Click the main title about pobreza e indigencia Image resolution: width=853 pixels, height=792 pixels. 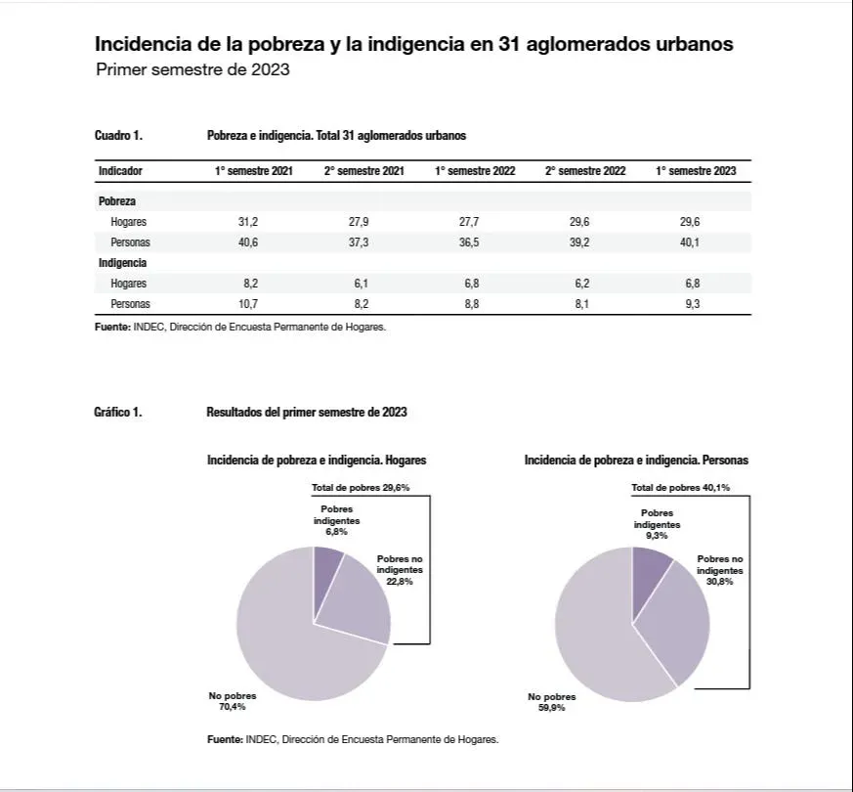coord(413,45)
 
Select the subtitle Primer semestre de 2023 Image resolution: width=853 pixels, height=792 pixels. coord(192,70)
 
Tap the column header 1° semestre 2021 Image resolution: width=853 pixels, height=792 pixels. coord(254,171)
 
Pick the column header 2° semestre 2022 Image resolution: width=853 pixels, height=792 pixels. coord(585,171)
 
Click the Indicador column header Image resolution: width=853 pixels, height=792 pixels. coord(120,171)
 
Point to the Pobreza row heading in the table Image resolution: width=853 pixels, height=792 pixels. coord(117,201)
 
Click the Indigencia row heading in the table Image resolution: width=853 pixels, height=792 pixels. coord(122,263)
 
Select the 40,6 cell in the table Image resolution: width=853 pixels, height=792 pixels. coord(247,242)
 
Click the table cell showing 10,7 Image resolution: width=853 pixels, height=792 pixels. coord(247,304)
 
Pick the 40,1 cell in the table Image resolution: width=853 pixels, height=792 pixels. coord(690,242)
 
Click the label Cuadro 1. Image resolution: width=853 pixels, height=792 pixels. coord(118,136)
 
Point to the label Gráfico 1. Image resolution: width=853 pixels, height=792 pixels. coord(117,413)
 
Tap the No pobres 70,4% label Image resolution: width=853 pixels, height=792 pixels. coord(233,701)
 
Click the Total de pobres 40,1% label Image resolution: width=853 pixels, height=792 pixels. coord(681,487)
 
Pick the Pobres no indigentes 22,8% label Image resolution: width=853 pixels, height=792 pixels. coord(400,569)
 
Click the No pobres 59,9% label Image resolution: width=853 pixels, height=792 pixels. coord(552,702)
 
